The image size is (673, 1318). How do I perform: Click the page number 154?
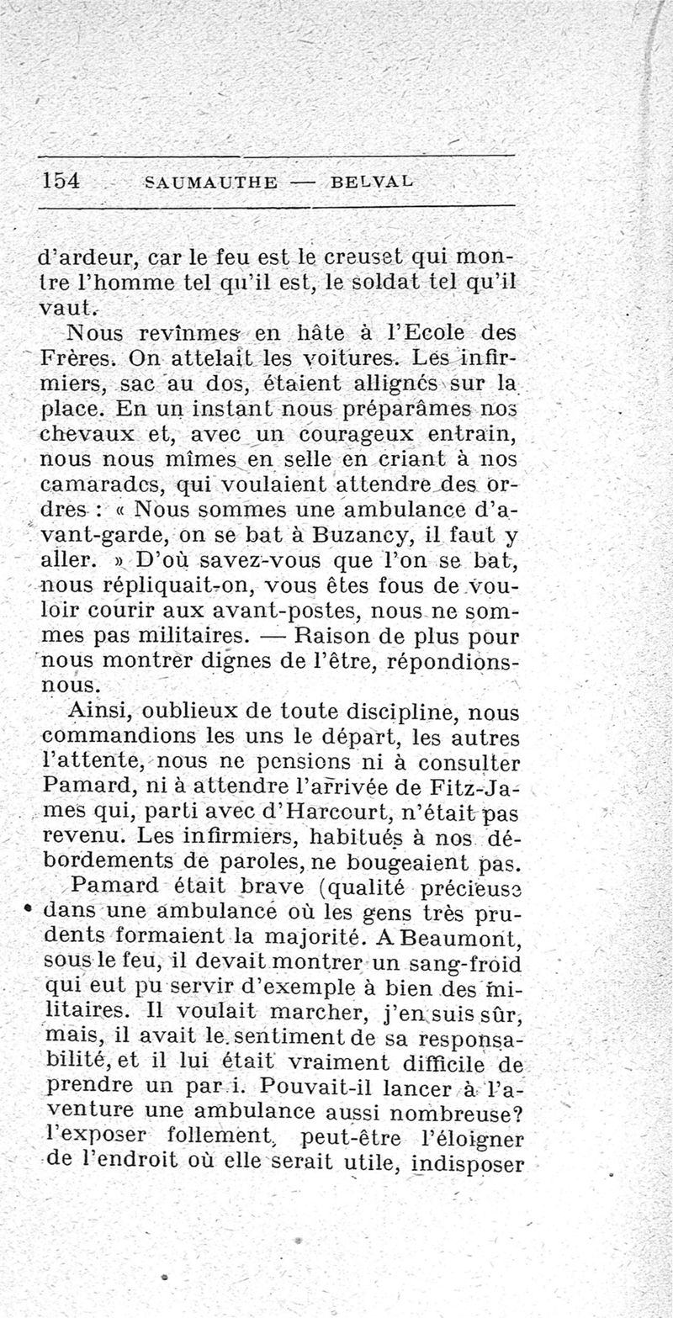pyautogui.click(x=60, y=181)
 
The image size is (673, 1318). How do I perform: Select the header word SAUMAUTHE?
pyautogui.click(x=211, y=183)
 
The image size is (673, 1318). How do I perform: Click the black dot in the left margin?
pyautogui.click(x=29, y=910)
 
